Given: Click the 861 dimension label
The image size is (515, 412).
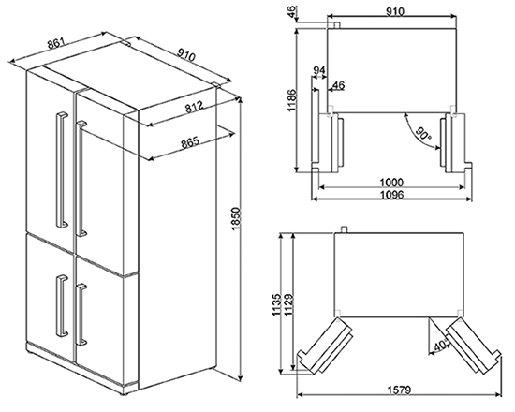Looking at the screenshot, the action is pos(56,43).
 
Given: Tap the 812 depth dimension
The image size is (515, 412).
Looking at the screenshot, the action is pos(195,107).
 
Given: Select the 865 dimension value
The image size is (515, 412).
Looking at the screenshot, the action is pos(190,142).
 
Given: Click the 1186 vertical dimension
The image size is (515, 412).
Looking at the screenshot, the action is pos(291,100).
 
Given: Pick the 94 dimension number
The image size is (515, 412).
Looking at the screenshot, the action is pos(319,70).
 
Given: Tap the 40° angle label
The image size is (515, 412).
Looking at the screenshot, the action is pos(441,345).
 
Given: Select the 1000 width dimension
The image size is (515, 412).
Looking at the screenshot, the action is pos(390,182).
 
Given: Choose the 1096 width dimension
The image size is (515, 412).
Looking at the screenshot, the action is pos(391,195).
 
